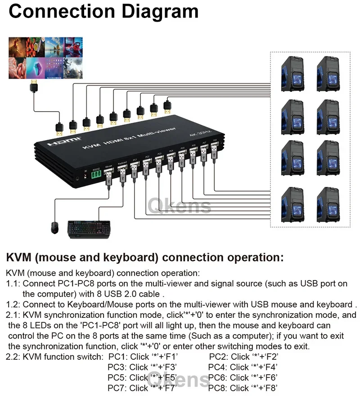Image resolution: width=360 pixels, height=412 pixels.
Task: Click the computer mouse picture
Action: (x=54, y=227)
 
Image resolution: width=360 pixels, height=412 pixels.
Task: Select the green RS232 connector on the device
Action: (x=96, y=176)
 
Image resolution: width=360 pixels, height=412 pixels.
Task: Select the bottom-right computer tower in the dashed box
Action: (x=328, y=204)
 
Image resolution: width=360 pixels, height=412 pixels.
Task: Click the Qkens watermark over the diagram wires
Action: (x=179, y=206)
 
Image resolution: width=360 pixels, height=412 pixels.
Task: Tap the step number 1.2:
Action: (x=13, y=304)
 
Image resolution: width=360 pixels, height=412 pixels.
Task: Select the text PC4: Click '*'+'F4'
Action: (x=243, y=367)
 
